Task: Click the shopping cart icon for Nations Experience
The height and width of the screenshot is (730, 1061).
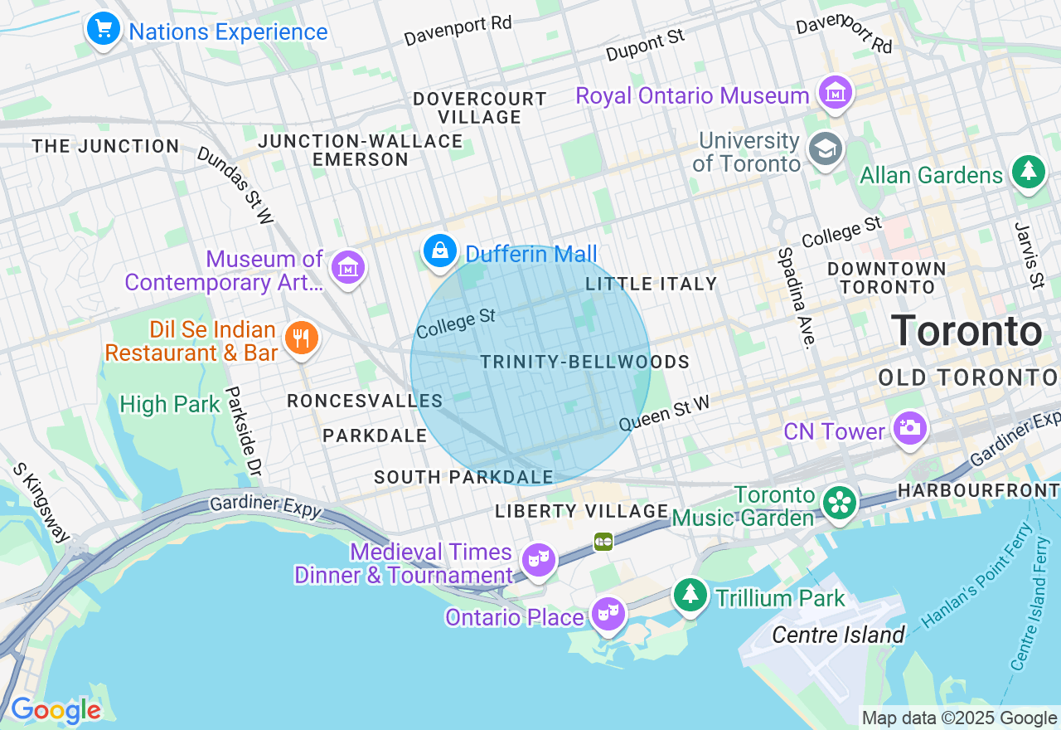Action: [x=103, y=30]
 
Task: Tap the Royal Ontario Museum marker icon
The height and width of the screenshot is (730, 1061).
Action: [x=835, y=93]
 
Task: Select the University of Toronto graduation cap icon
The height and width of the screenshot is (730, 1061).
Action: [x=826, y=150]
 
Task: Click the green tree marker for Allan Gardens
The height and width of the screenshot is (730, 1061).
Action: [x=1029, y=173]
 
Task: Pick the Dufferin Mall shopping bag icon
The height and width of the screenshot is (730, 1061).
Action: [x=440, y=251]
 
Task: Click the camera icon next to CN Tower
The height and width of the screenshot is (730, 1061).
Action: [x=909, y=428]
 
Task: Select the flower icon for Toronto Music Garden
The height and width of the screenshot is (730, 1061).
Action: [x=840, y=503]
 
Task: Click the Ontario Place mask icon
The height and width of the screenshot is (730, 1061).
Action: [x=608, y=615]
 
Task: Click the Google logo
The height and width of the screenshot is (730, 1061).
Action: [x=56, y=711]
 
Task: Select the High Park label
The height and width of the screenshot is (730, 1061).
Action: [x=170, y=405]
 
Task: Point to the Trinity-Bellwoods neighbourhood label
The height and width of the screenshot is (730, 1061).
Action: [x=584, y=363]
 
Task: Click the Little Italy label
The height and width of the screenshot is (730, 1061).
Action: [x=651, y=284]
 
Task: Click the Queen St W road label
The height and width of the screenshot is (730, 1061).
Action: [x=665, y=412]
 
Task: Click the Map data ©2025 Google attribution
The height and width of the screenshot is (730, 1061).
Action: [x=959, y=718]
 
